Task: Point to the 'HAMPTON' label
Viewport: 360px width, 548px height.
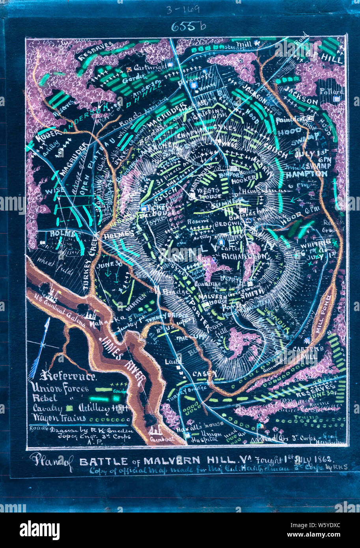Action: [x=312, y=174]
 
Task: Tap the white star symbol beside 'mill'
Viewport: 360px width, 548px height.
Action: [x=257, y=43]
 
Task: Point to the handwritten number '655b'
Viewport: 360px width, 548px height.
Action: [x=188, y=26]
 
